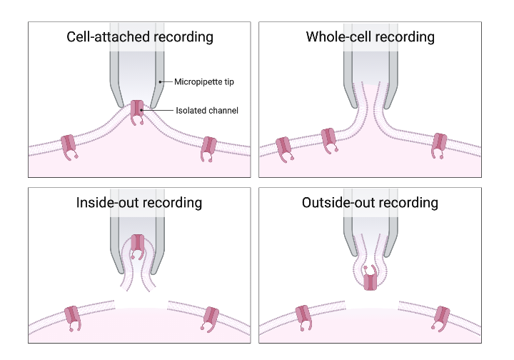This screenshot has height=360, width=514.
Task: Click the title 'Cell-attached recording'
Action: (139, 36)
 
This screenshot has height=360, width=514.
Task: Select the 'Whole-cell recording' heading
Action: (370, 36)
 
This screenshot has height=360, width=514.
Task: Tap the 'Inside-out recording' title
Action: (139, 203)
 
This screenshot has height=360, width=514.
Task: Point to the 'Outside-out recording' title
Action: (370, 203)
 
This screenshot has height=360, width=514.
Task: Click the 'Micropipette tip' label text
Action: (203, 82)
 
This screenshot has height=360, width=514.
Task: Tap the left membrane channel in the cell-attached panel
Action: (69, 145)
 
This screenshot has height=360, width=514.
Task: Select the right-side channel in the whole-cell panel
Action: (440, 145)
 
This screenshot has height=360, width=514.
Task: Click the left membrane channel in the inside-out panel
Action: (73, 316)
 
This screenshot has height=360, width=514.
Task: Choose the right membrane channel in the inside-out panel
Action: (211, 317)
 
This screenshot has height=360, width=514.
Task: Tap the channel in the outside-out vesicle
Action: (369, 278)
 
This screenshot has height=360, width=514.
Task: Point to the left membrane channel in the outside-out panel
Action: (303, 316)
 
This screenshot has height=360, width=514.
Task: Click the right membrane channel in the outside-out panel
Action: (440, 317)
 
